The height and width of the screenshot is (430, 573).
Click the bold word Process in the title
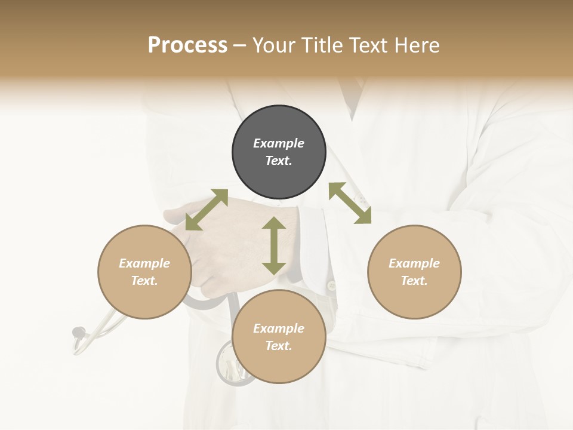coord(187,45)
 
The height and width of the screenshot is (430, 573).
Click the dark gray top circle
coord(279,152)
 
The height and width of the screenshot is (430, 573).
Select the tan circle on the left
coord(144,272)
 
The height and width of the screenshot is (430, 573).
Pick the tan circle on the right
coord(414,272)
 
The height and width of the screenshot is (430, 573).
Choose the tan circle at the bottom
coord(279,337)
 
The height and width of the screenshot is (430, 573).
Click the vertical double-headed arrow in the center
coord(274,245)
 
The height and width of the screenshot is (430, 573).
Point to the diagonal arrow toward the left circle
coord(207,210)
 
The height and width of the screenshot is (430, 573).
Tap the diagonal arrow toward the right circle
coord(350,203)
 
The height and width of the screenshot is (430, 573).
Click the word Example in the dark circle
coord(279,143)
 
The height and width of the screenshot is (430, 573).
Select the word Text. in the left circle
coord(144,281)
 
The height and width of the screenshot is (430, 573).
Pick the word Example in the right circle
coord(414,263)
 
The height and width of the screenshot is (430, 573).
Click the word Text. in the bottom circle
coord(279,346)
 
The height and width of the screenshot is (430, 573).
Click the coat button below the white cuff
coord(331,286)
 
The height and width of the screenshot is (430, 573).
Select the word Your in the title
coord(273,45)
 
